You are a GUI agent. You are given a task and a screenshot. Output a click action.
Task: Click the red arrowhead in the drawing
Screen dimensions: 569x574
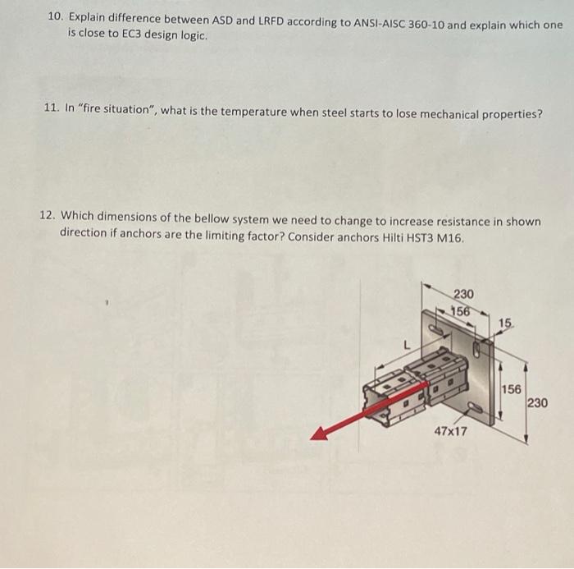[321, 434]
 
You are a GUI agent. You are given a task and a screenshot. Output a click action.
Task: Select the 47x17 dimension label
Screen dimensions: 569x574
[450, 430]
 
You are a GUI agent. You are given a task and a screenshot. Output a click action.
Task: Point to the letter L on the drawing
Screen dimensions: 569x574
[404, 348]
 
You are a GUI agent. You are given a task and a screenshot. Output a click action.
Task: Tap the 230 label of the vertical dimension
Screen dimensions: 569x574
[538, 402]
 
